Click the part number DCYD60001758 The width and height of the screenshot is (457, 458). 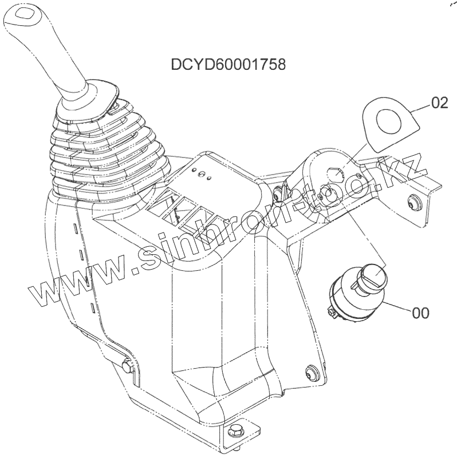point(228,64)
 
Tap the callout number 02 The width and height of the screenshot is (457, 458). point(439,103)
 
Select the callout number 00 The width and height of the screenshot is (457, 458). point(421,313)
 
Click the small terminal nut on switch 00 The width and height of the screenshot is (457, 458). point(332,313)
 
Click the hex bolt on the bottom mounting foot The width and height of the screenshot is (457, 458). point(235,430)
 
